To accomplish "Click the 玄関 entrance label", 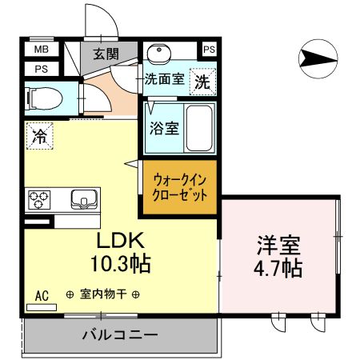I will tap(105, 54).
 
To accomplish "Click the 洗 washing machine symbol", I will tap(203, 81).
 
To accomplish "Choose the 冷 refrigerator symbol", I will tap(38, 136).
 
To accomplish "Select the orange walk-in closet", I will tap(180, 188).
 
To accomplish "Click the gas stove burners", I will tap(39, 198).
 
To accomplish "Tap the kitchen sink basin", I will tap(82, 198).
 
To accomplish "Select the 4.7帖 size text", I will tap(279, 267).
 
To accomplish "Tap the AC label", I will tap(42, 296).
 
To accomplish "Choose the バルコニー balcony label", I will tap(120, 334).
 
